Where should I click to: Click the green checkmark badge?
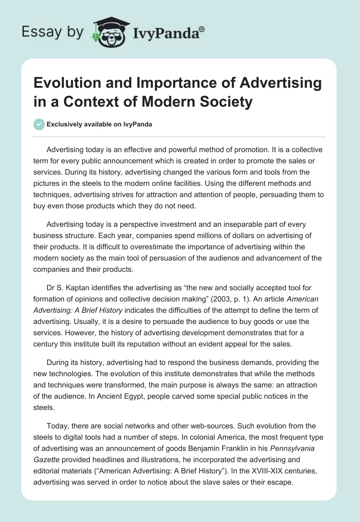(x=40, y=124)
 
